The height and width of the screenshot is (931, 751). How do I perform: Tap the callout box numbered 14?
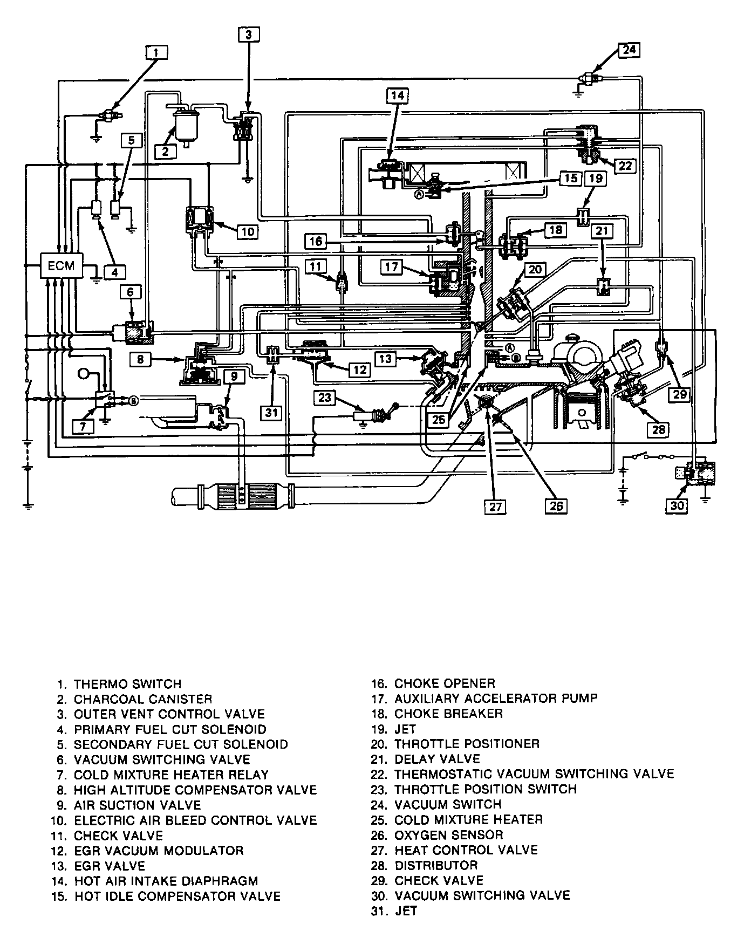[x=398, y=96]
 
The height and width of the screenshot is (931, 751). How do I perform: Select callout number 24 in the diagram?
[x=629, y=50]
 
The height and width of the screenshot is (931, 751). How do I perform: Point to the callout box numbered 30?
[x=677, y=505]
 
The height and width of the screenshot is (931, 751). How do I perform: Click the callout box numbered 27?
[x=495, y=506]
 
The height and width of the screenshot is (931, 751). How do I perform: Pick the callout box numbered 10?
[x=247, y=231]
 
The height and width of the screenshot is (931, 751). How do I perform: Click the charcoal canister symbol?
[x=184, y=123]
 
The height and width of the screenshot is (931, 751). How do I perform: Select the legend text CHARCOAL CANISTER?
[x=143, y=699]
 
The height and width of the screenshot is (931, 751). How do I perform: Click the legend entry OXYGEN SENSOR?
[x=449, y=835]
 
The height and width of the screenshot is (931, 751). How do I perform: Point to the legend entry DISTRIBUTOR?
[x=436, y=865]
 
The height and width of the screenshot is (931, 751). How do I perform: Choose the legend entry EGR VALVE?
[x=110, y=866]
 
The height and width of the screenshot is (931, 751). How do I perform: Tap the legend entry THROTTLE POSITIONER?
[x=467, y=744]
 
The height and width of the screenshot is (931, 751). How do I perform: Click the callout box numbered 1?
[x=156, y=52]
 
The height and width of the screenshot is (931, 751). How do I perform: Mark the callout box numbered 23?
[x=324, y=398]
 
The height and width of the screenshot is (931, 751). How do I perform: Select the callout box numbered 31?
[x=271, y=413]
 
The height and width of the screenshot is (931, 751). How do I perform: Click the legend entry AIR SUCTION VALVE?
[x=137, y=805]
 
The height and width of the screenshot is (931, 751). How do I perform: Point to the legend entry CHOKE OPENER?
[x=445, y=683]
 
